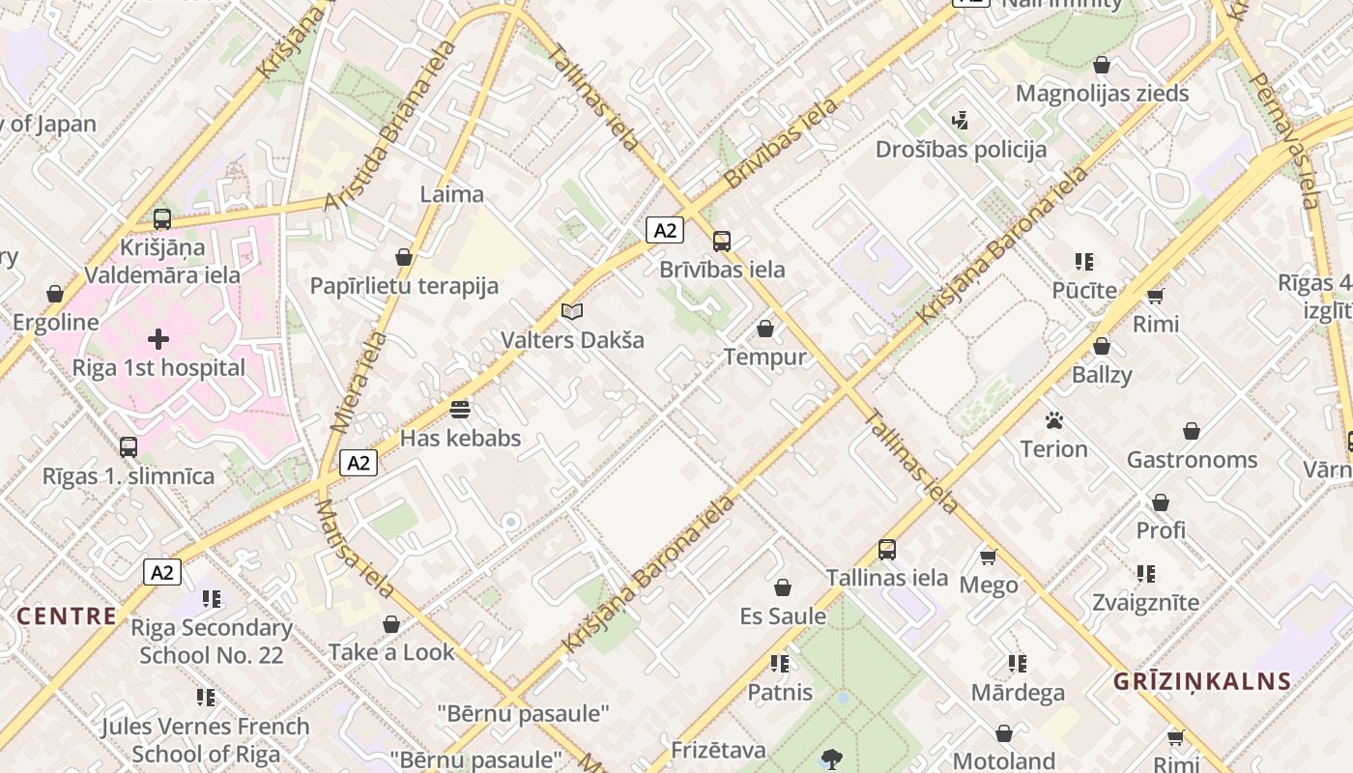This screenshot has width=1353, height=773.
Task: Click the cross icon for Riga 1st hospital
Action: point(158,339)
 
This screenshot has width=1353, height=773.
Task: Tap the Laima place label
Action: point(451,194)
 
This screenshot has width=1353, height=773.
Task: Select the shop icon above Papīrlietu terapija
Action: point(404,257)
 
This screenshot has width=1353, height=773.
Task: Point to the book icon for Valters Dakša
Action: point(572,311)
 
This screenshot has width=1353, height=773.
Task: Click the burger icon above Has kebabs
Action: point(460,409)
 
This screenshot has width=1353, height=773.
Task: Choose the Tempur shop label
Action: point(764,357)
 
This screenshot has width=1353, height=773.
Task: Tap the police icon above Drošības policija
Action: point(960,121)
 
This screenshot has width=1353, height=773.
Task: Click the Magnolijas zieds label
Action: point(1102,94)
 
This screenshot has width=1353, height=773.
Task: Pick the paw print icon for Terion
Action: point(1053,420)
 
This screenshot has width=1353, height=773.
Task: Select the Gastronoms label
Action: point(1192,459)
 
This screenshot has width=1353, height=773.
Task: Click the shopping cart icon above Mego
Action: point(988,557)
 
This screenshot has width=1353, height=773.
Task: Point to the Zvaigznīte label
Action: point(1145,602)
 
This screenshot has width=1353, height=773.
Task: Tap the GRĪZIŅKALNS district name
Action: point(1202,681)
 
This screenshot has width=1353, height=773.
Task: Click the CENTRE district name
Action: point(67,616)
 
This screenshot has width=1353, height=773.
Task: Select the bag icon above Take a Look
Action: point(391,624)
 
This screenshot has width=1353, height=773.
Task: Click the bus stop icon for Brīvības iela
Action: point(721,242)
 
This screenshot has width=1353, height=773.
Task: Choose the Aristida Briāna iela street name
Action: point(389,126)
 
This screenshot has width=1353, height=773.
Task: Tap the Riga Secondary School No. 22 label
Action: point(212,641)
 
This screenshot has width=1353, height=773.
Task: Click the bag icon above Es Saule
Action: point(783,587)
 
